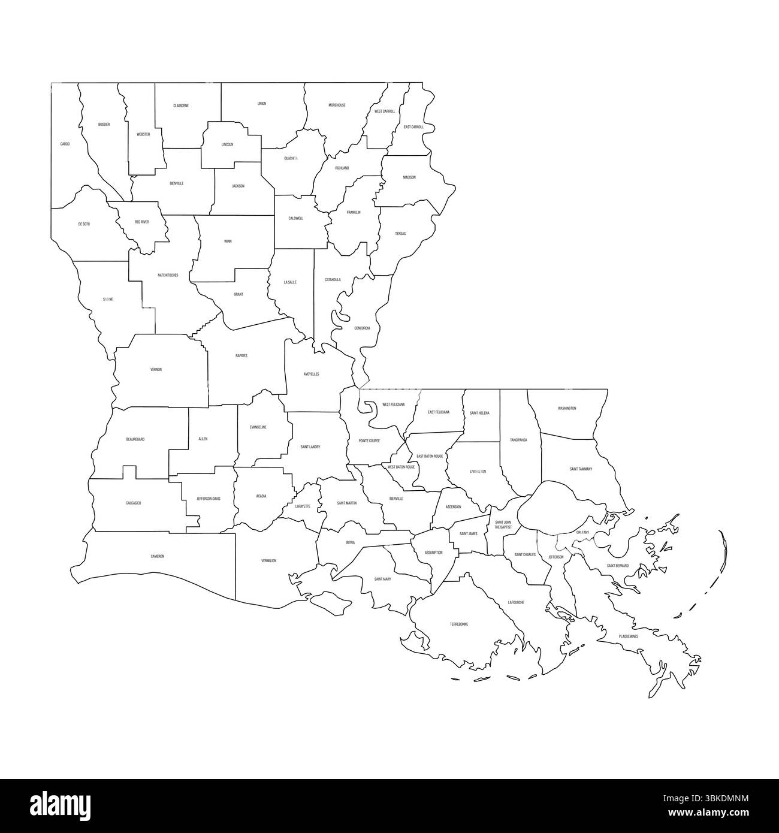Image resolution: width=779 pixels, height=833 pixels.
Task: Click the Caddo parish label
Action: [x=65, y=144]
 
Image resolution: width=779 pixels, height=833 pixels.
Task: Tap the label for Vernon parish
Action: [x=156, y=370]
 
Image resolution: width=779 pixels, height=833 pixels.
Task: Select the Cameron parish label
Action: [x=157, y=556]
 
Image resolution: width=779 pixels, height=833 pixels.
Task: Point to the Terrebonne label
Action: [x=459, y=624]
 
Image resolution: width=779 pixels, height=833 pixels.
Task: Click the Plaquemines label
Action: [x=629, y=636]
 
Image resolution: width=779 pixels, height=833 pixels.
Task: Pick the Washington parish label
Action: [x=567, y=408]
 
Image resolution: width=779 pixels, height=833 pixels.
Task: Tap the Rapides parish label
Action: [x=241, y=355]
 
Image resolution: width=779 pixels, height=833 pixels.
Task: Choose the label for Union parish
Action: [x=262, y=104]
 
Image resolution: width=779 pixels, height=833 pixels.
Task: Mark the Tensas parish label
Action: [x=400, y=233]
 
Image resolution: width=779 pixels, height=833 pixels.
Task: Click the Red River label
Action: [x=141, y=222]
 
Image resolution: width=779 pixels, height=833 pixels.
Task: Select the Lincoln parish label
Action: [x=227, y=144]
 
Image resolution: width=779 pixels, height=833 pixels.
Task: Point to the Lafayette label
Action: [x=303, y=506]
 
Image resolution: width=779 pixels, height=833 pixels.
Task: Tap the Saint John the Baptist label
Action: [x=503, y=524]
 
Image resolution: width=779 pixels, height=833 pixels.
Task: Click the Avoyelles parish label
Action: [x=311, y=374]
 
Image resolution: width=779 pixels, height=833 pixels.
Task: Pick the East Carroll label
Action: [x=413, y=127]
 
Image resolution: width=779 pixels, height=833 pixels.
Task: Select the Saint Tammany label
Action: [x=581, y=469]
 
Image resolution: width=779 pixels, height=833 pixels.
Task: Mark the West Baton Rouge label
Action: [x=401, y=467]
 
